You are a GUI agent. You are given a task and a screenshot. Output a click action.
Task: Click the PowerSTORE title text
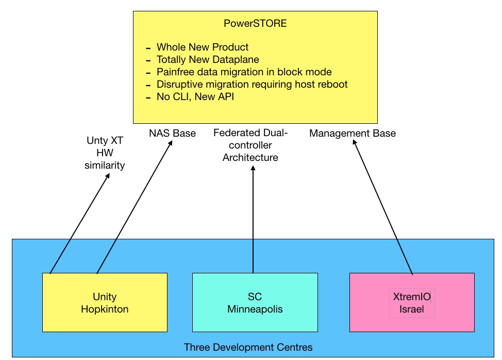pos(255,23)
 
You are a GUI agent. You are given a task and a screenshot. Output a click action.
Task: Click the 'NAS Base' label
pos(172,133)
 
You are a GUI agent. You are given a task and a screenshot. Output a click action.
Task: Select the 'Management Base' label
pos(353,133)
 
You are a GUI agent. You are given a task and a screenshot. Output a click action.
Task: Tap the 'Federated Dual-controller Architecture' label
pos(250,145)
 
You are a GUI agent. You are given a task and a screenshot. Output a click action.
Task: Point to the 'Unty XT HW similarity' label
pos(105,153)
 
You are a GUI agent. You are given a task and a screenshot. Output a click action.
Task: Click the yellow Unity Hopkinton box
pos(105,302)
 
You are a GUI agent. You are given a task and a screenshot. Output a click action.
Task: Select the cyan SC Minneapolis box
pos(255,302)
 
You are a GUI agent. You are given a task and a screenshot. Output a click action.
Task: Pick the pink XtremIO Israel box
pos(412,302)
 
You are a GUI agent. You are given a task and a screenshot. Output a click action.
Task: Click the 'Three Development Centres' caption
pos(248,347)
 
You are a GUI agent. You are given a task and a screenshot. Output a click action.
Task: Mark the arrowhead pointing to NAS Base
pos(171,143)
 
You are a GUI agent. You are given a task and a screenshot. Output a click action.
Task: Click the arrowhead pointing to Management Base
pos(355,142)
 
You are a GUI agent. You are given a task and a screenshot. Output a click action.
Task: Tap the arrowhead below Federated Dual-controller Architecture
pos(253,168)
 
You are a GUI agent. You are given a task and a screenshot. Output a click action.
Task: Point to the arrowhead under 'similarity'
pos(108,176)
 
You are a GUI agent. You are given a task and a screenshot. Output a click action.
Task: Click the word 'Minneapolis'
pos(255,309)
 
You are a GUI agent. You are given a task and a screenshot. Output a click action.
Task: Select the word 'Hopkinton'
pos(105,309)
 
